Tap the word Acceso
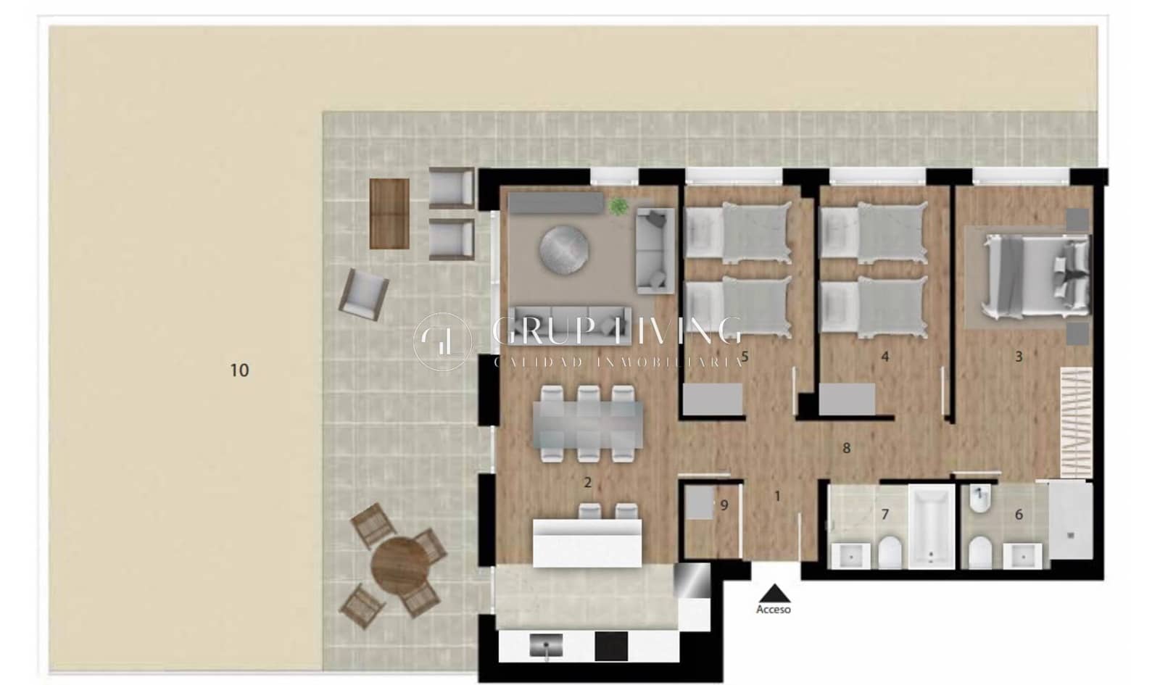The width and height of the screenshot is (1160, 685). coord(774,610)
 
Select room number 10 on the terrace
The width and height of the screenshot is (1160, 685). coord(239,370)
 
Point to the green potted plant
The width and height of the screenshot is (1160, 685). coord(618,206)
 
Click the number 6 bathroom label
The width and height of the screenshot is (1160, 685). coord(1019,515)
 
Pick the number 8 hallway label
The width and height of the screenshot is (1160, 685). coord(846,449)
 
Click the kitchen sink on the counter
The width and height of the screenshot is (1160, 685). coord(547,644)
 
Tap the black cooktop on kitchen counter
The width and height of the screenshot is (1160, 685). coord(611,646)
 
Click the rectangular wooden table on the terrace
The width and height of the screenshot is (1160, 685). coord(389,213)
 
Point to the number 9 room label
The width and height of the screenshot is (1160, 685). coord(724,506)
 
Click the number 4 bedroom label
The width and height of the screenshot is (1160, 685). coord(884,357)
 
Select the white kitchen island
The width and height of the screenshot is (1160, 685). coord(587,543)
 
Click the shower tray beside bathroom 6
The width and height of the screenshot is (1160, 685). coord(1070,520)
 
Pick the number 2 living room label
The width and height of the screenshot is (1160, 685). coord(588,482)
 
